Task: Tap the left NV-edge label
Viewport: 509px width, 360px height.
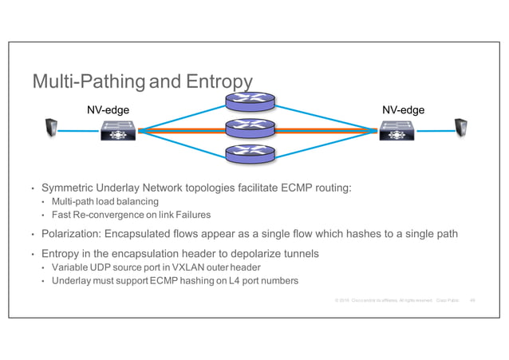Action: tap(107, 110)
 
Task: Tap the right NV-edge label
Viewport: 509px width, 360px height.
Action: tap(403, 110)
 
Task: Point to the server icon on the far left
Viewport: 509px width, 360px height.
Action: tap(51, 128)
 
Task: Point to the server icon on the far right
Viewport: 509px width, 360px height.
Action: tap(460, 128)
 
